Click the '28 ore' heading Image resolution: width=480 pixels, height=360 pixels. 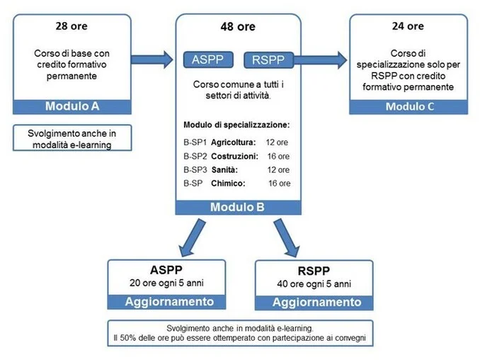(x=72, y=26)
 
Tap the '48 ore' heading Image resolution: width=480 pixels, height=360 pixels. (x=238, y=27)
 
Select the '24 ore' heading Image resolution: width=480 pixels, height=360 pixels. (x=408, y=26)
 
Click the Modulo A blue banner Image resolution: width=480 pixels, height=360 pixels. (x=72, y=106)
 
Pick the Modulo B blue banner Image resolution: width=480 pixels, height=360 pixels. (x=238, y=208)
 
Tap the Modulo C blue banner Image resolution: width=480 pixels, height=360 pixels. (x=408, y=107)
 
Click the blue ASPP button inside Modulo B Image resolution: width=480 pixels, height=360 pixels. (x=208, y=60)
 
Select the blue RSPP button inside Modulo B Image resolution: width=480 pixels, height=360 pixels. (x=268, y=60)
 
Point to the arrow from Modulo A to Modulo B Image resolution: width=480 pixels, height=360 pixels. (x=152, y=59)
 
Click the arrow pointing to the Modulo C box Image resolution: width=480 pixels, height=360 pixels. (x=321, y=60)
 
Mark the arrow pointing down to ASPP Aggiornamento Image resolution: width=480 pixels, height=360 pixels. (x=193, y=237)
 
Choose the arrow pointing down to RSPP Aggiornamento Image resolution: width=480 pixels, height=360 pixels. (x=286, y=237)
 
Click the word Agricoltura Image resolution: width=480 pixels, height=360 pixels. (x=233, y=142)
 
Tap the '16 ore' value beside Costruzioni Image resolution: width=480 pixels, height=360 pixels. (x=278, y=156)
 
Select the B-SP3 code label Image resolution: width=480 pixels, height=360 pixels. (x=195, y=170)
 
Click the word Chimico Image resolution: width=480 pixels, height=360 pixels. (x=228, y=184)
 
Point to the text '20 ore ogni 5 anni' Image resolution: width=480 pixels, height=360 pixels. (x=166, y=283)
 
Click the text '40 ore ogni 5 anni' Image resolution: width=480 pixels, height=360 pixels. (x=314, y=283)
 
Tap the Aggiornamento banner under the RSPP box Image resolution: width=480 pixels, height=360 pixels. (x=314, y=303)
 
